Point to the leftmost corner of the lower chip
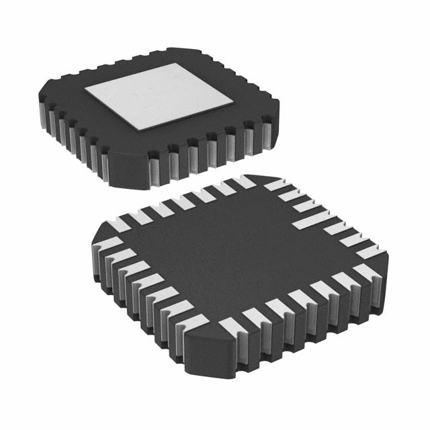pos(94,235)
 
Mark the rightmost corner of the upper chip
pos(277,107)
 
